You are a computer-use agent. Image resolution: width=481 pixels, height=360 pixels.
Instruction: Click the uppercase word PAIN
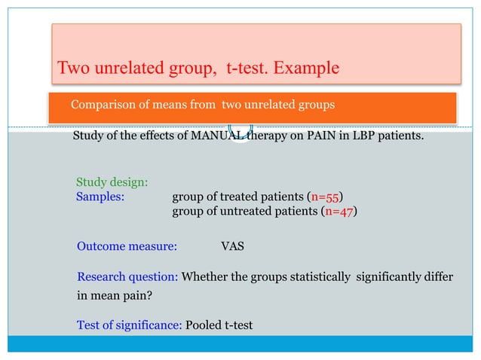pos(317,137)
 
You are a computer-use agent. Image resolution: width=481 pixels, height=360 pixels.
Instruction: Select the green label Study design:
pos(112,182)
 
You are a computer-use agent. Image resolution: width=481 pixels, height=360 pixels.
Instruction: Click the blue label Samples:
pos(101,197)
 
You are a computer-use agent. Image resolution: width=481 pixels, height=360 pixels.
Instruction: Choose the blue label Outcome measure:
pos(127,246)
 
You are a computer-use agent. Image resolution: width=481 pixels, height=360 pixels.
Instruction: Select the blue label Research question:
pos(128,277)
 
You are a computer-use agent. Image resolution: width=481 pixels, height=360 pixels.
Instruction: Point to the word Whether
pos(207,277)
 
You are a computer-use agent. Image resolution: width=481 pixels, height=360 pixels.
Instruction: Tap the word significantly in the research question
pos(393,277)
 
